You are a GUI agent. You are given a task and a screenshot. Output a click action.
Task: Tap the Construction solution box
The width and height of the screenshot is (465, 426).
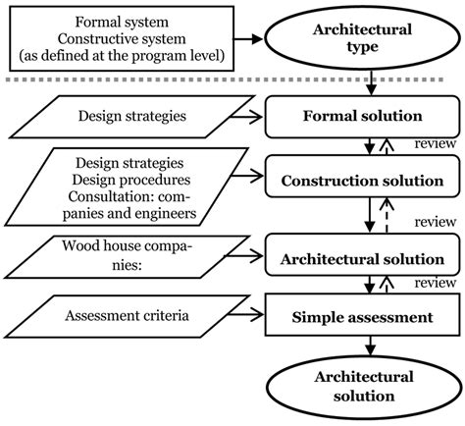pyautogui.click(x=367, y=183)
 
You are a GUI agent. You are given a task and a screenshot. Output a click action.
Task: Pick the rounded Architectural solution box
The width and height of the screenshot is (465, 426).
pyautogui.click(x=367, y=259)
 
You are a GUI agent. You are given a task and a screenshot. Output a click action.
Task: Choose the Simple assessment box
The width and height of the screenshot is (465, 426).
pyautogui.click(x=367, y=317)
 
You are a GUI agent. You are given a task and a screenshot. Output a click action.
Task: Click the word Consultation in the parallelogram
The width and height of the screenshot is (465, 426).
pyautogui.click(x=94, y=196)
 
